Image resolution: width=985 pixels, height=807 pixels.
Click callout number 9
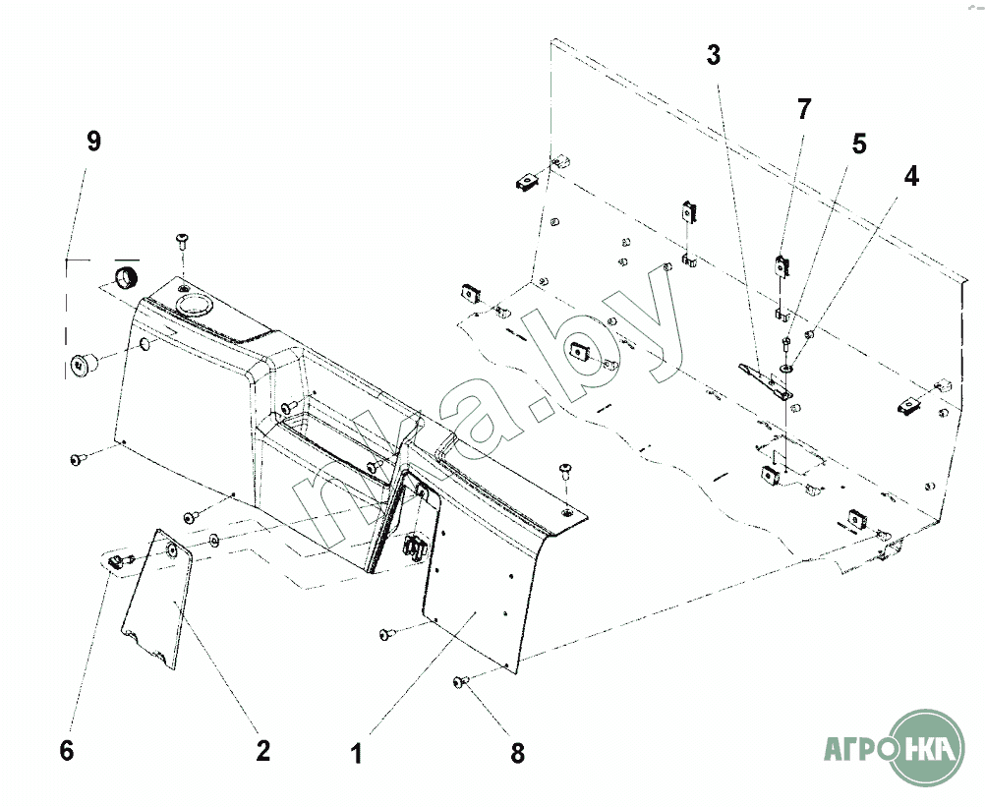click(93, 142)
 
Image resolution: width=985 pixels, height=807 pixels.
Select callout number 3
click(714, 55)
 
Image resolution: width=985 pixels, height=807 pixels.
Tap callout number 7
click(804, 109)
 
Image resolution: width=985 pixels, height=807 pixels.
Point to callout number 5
click(858, 144)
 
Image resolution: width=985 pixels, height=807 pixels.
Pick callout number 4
click(911, 176)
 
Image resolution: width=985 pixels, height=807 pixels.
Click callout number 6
click(66, 751)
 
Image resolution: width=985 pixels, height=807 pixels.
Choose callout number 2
click(262, 751)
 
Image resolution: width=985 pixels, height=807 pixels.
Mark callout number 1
click(357, 754)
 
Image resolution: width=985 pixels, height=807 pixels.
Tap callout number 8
click(517, 753)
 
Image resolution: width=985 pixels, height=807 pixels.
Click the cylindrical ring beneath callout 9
click(126, 276)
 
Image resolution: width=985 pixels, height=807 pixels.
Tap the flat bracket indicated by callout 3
click(764, 379)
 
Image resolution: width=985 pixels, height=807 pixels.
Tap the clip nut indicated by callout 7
click(782, 265)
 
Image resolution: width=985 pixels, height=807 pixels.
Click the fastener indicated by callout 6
click(114, 559)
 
